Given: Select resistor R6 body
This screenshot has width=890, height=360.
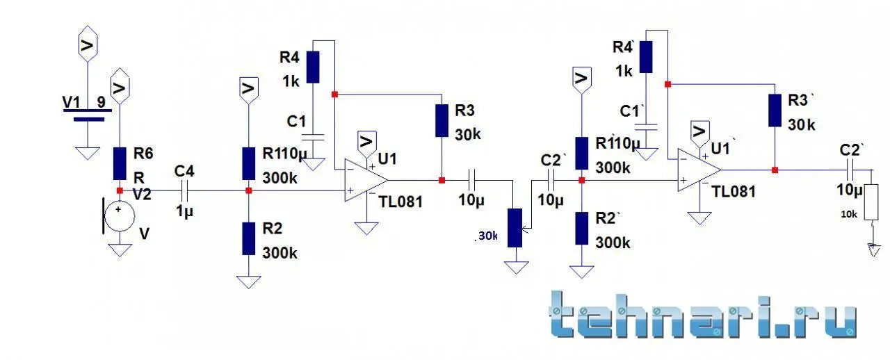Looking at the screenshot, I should (x=120, y=163).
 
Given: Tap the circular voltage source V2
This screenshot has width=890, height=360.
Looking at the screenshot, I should (x=119, y=216).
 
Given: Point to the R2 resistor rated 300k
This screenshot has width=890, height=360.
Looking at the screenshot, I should (x=248, y=238).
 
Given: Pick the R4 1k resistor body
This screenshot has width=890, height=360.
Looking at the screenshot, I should (x=312, y=67).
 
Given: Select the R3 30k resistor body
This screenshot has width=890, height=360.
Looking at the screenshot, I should (x=442, y=120).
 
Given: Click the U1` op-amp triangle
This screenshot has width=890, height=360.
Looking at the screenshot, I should (x=697, y=170).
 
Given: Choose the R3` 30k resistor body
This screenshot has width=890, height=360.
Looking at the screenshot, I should (x=775, y=110).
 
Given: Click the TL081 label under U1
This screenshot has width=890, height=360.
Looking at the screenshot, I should (x=402, y=202).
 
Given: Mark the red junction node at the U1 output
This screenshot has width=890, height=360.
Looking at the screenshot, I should (x=442, y=180).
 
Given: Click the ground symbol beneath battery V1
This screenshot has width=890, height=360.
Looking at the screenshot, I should (x=88, y=152).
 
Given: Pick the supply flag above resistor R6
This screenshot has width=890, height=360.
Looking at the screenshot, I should (x=120, y=85).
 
